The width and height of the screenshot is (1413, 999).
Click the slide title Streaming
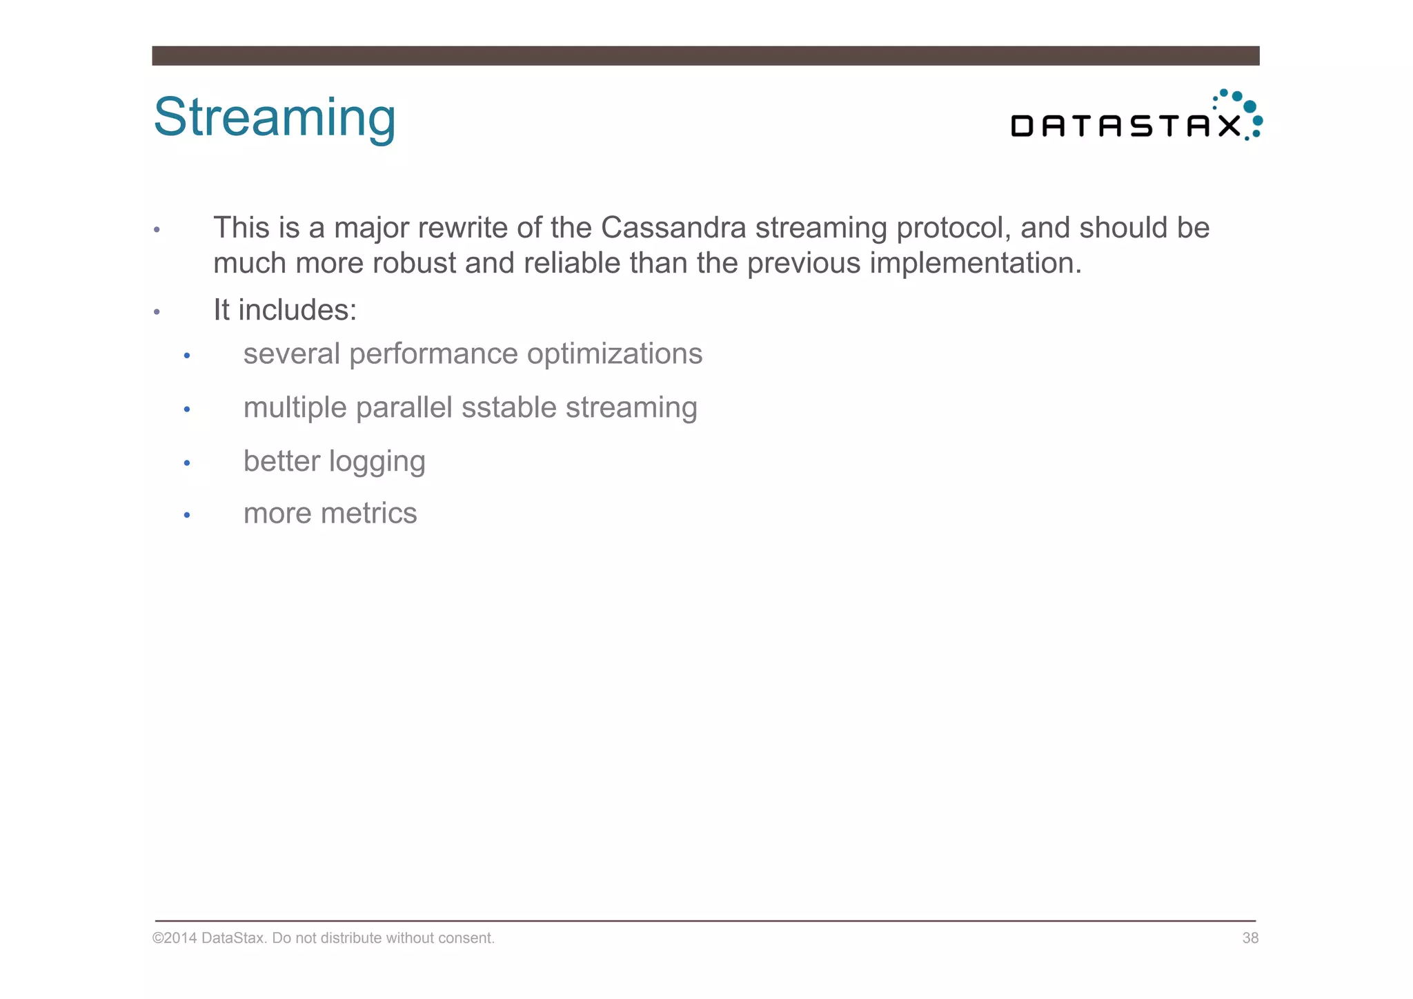[275, 117]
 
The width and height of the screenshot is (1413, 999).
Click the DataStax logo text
[1125, 126]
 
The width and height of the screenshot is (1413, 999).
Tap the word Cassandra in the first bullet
[673, 228]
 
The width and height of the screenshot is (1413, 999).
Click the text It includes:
[285, 310]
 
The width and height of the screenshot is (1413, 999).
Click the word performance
[433, 355]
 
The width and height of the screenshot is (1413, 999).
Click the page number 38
[1250, 938]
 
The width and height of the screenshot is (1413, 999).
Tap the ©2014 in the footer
[175, 938]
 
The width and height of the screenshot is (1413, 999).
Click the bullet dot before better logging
[187, 463]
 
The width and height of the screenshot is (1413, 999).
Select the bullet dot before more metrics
[187, 515]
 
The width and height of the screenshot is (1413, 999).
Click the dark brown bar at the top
[705, 56]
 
